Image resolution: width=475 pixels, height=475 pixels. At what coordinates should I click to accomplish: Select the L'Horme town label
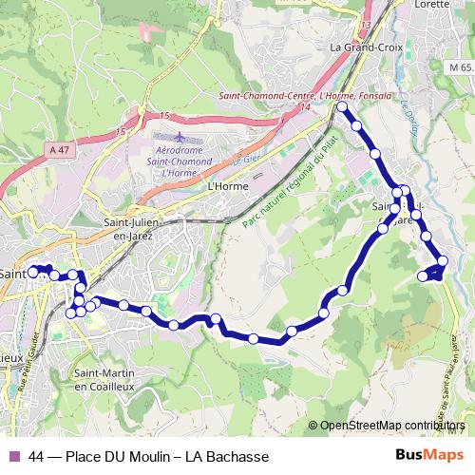click(227, 187)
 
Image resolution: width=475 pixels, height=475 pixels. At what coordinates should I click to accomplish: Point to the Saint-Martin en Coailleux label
click(109, 379)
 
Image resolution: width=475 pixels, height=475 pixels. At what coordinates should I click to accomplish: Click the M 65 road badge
click(462, 67)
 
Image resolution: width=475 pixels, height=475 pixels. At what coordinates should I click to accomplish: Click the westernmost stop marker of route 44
click(33, 271)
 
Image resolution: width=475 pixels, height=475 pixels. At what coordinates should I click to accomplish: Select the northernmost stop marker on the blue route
click(342, 108)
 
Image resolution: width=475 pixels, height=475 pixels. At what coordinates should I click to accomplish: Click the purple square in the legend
click(12, 456)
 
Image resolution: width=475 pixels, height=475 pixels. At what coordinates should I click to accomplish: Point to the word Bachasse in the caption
click(227, 456)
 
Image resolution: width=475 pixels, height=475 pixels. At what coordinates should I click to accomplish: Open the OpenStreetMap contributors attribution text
click(391, 426)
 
